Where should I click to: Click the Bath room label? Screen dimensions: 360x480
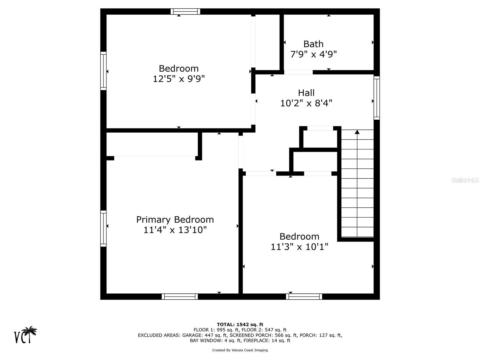[313, 44]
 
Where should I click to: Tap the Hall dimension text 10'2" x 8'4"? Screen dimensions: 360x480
[306, 103]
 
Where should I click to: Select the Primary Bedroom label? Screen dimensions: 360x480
[175, 220]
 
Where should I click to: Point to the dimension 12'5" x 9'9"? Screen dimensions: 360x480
[179, 79]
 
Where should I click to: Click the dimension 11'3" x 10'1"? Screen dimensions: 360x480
[299, 247]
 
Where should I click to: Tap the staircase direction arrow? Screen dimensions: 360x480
[357, 132]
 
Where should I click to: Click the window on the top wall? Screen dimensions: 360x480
[185, 12]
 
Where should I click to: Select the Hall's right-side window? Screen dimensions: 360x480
[376, 98]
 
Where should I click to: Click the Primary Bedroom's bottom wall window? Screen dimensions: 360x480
[180, 297]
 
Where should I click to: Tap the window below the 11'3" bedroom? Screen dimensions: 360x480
[304, 297]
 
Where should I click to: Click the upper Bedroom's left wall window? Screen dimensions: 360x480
[103, 71]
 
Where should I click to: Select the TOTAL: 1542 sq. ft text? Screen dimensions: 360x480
[240, 324]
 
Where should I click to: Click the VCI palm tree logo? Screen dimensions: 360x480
[26, 335]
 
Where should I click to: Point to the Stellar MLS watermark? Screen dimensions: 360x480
[465, 180]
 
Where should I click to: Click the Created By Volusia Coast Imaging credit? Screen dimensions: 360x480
[240, 350]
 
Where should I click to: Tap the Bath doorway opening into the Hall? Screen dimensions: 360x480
[298, 72]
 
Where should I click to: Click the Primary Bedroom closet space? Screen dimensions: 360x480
[152, 144]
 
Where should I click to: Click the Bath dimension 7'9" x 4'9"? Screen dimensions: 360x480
[313, 54]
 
